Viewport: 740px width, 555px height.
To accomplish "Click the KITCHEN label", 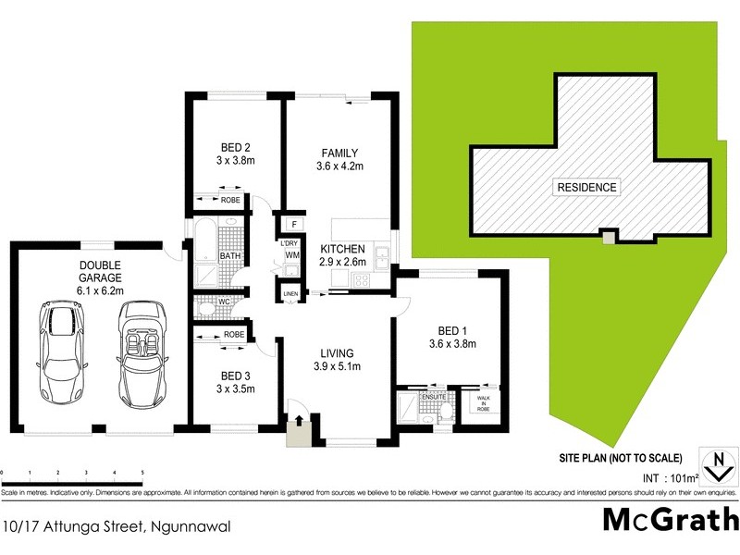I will coord(342,250).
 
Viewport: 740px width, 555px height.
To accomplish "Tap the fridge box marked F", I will coord(293,224).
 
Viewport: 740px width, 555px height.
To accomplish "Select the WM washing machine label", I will coord(291,254).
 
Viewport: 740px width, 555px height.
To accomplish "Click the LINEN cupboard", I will coord(290,294).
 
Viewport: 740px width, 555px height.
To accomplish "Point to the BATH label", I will coord(230,256).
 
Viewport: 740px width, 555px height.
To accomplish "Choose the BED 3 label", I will coord(235,376).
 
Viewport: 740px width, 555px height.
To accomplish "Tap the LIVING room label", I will coord(338,352).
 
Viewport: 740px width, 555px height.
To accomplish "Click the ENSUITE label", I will coord(435,396).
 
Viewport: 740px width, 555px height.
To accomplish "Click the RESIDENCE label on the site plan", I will coord(586,187).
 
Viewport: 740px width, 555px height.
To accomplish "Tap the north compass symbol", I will coord(714,466).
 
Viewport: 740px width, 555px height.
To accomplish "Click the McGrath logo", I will coord(670,521).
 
